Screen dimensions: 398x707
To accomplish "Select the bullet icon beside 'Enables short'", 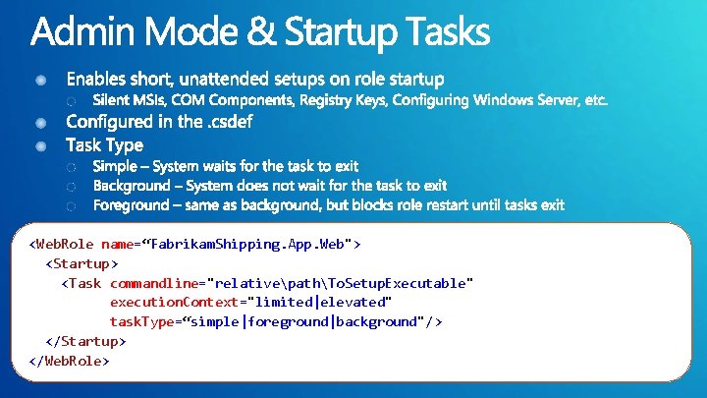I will (x=42, y=79).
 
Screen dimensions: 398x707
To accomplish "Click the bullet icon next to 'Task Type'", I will (x=42, y=145).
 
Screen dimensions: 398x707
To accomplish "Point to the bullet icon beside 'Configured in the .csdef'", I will (x=42, y=123).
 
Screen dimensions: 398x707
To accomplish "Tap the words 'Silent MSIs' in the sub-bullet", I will (x=129, y=100).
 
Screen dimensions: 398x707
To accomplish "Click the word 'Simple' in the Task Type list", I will (x=116, y=167).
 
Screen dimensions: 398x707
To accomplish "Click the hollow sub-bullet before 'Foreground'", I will (x=71, y=206).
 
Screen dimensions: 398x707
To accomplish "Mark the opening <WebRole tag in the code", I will (x=63, y=244).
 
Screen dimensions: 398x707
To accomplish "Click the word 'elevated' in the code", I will (x=354, y=302).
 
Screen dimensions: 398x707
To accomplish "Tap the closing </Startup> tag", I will (x=85, y=341).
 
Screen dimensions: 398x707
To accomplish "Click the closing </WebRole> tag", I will (x=70, y=360).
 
